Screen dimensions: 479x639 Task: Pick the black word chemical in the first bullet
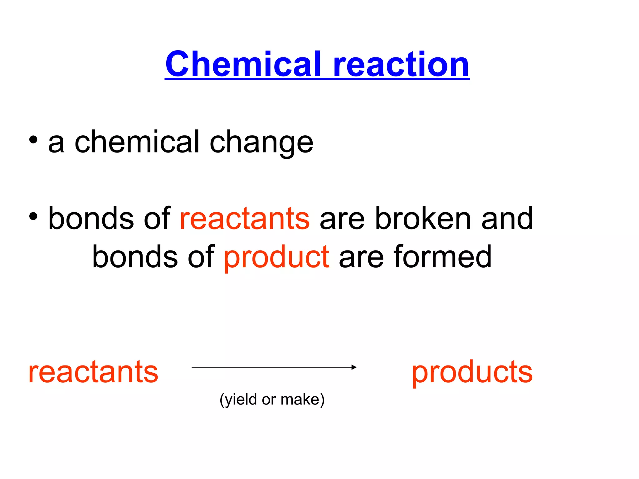tap(137, 142)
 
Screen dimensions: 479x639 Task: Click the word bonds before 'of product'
tap(135, 257)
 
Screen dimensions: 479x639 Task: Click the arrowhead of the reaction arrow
tap(354, 367)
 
